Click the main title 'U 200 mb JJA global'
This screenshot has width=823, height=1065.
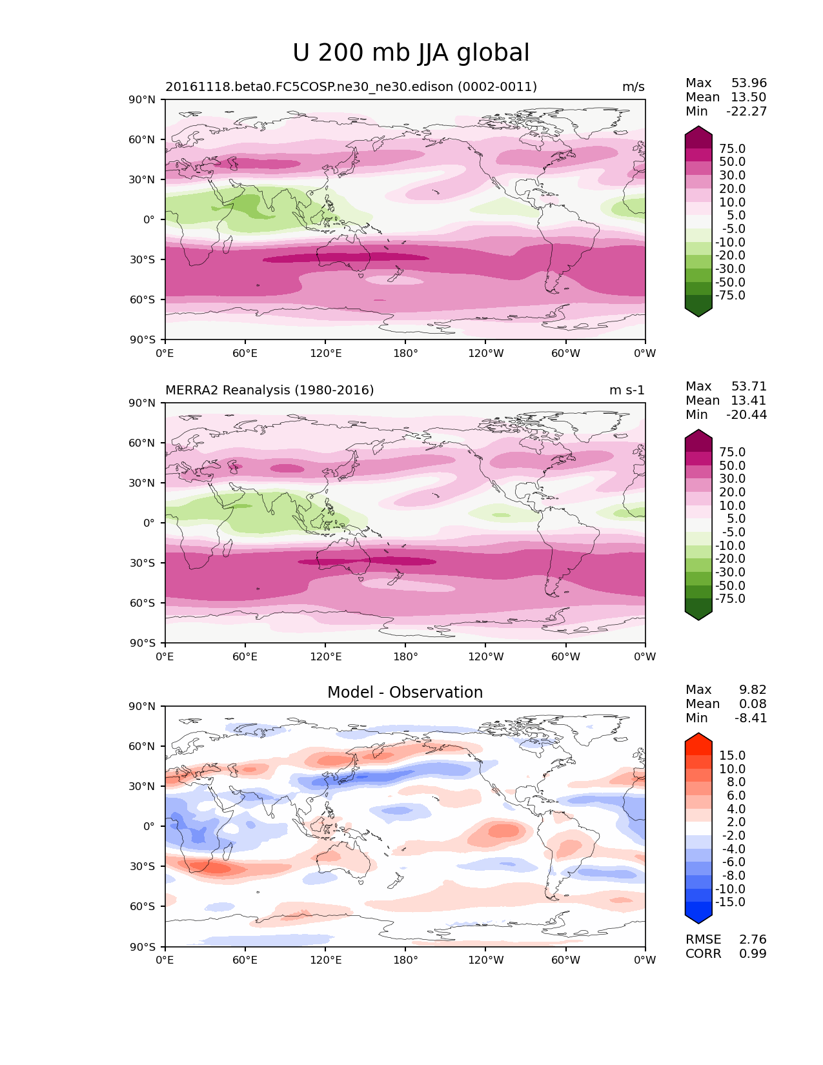(411, 53)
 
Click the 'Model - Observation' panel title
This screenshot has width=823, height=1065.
(405, 693)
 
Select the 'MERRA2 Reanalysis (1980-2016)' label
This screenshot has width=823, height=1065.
(270, 391)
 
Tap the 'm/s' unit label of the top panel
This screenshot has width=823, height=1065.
(633, 87)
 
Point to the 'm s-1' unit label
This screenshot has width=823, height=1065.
(627, 391)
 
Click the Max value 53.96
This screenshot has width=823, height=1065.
(749, 83)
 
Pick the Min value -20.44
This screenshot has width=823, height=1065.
(747, 415)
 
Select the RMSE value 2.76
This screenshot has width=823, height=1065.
(753, 940)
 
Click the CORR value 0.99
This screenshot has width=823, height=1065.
(753, 954)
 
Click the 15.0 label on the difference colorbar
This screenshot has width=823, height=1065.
(733, 756)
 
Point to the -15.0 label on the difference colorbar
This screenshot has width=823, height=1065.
(731, 902)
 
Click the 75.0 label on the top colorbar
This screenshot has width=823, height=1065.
(733, 149)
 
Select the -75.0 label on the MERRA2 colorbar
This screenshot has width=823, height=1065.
(731, 599)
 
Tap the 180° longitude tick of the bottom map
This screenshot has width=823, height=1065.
(405, 960)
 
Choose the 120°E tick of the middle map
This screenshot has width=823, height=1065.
(325, 657)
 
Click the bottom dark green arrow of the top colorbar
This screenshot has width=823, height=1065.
(698, 311)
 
